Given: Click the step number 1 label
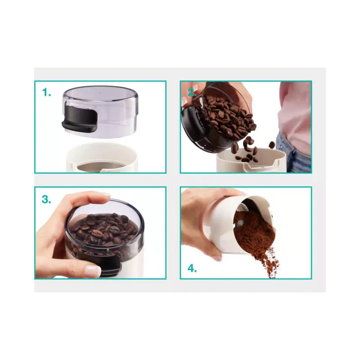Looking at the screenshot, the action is click(46, 93).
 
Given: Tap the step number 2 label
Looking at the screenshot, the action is click(192, 92).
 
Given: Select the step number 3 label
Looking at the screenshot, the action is click(46, 199).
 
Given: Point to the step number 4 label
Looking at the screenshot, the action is click(192, 268).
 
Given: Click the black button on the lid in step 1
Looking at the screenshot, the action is click(79, 121).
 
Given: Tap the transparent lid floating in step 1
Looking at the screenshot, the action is click(100, 112).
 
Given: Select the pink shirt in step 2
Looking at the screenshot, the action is click(295, 115).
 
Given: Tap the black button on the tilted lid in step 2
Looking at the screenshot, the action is click(193, 121).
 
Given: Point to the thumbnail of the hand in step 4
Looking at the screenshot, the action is click(217, 258).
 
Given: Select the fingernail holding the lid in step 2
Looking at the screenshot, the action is click(184, 101).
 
